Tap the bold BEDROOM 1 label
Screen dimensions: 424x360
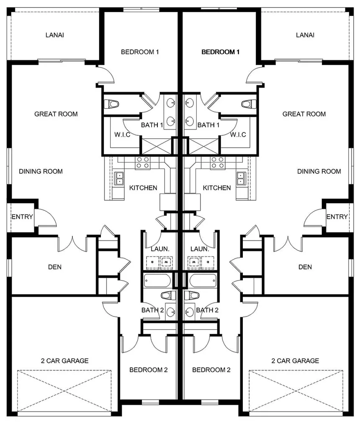click(x=221, y=52)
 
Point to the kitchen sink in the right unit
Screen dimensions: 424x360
click(x=241, y=178)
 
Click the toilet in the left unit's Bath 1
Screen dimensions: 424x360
click(x=112, y=104)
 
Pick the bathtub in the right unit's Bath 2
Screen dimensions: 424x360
click(x=203, y=280)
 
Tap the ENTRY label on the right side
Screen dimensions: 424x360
click(x=337, y=217)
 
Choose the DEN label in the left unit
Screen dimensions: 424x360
click(x=55, y=267)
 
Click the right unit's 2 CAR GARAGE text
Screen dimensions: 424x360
click(x=295, y=360)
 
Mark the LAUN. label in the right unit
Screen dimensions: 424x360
click(x=200, y=249)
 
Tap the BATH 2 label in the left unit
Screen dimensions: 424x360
click(x=152, y=310)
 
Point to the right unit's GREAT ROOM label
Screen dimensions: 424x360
click(x=304, y=114)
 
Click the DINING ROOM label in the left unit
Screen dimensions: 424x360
click(x=41, y=171)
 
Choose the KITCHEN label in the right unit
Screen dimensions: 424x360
click(x=217, y=188)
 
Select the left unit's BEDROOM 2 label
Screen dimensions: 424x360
click(x=149, y=370)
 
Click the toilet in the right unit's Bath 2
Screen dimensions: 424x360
click(x=193, y=295)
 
